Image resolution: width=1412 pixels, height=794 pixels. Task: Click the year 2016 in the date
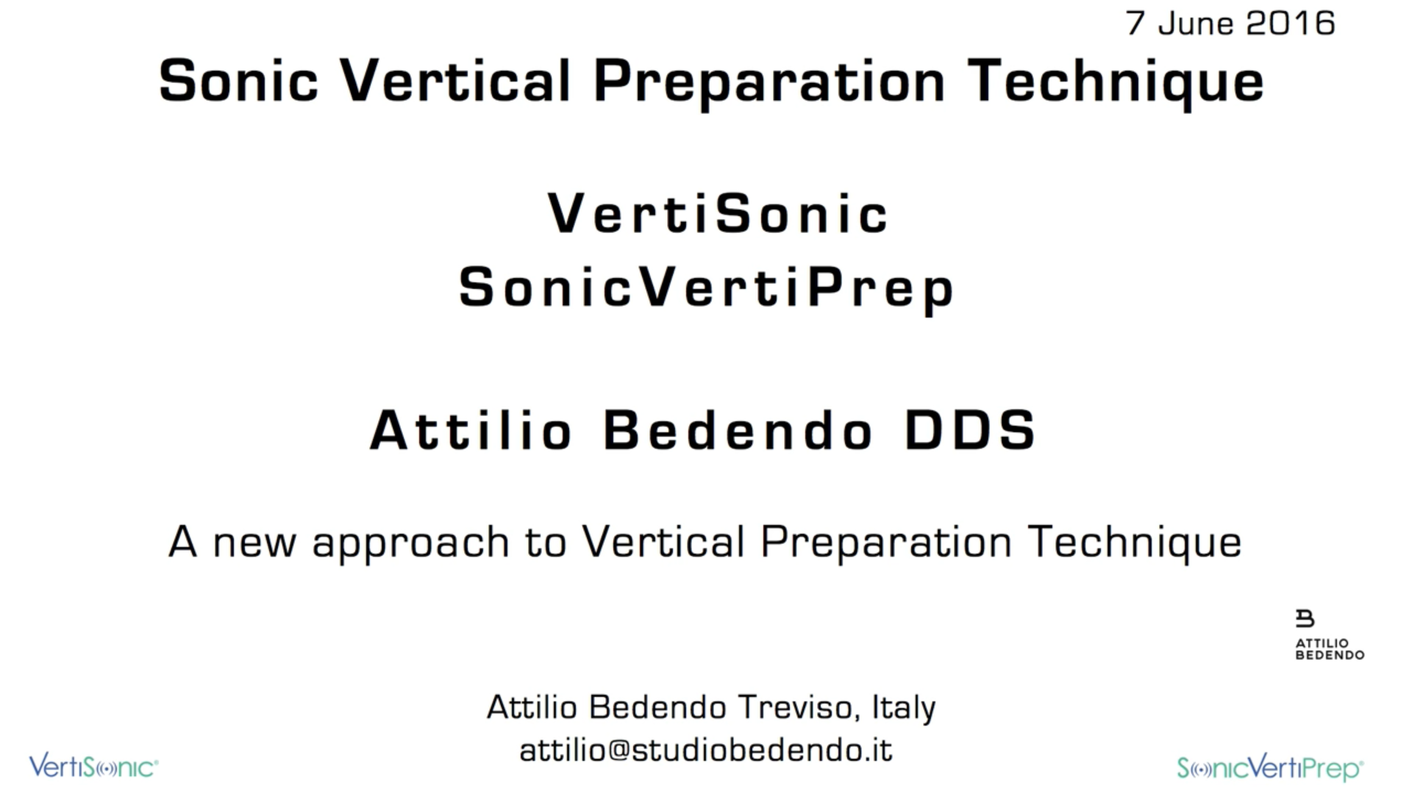pyautogui.click(x=1291, y=24)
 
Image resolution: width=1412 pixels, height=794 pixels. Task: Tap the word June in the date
pyautogui.click(x=1196, y=24)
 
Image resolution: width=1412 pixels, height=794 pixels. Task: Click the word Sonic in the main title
pyautogui.click(x=238, y=81)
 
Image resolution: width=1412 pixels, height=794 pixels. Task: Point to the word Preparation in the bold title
pyautogui.click(x=769, y=82)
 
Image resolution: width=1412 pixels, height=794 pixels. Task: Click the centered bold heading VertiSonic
pyautogui.click(x=718, y=213)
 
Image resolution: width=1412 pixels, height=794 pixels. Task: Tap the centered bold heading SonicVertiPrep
pyautogui.click(x=706, y=288)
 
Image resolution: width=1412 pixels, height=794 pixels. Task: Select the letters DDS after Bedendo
pyautogui.click(x=970, y=430)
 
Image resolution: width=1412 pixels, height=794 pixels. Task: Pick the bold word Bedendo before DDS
pyautogui.click(x=738, y=430)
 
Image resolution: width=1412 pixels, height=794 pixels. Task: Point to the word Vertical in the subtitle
pyautogui.click(x=663, y=542)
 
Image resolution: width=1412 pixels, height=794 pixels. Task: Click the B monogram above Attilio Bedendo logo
pyautogui.click(x=1305, y=618)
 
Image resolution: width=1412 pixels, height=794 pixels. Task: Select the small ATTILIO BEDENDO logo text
pyautogui.click(x=1330, y=649)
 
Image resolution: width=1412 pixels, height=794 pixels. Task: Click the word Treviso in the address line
pyautogui.click(x=796, y=707)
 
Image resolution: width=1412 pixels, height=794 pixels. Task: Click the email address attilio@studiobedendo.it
pyautogui.click(x=706, y=751)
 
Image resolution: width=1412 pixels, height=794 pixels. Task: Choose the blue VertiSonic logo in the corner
pyautogui.click(x=93, y=766)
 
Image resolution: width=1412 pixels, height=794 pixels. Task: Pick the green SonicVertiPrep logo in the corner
pyautogui.click(x=1270, y=768)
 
